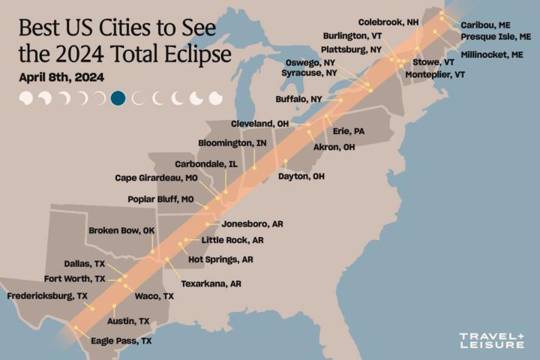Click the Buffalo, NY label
298,99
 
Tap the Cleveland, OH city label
260,124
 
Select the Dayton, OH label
301,176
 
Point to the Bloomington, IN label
232,143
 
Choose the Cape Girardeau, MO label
155,178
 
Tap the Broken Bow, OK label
121,231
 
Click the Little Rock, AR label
233,241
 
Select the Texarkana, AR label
211,284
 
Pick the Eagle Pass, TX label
121,340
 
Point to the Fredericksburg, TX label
47,296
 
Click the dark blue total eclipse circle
118,98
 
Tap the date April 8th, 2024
61,77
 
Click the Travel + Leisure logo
491,340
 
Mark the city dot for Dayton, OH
285,161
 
